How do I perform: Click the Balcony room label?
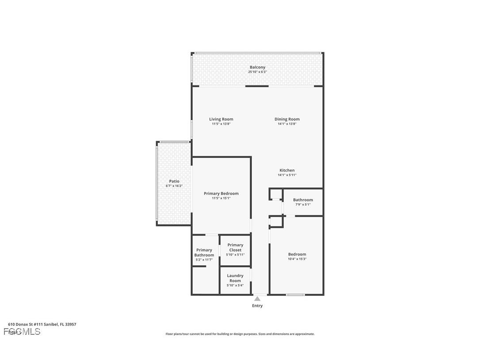[257, 67]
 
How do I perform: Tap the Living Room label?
[221, 119]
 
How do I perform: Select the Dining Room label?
[287, 119]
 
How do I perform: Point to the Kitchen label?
[287, 170]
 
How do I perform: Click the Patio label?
[174, 181]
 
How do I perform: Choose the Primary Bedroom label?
[221, 193]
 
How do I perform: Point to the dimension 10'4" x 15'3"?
[297, 259]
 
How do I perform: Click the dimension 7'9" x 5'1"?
[303, 204]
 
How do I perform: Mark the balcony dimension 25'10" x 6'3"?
[257, 72]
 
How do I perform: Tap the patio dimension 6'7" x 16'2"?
[174, 186]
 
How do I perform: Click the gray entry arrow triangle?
[257, 299]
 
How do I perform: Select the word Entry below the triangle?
[257, 306]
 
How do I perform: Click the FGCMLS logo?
[22, 331]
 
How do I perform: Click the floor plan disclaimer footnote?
[240, 334]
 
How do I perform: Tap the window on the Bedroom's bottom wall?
[295, 295]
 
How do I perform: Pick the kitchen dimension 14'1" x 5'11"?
[287, 175]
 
